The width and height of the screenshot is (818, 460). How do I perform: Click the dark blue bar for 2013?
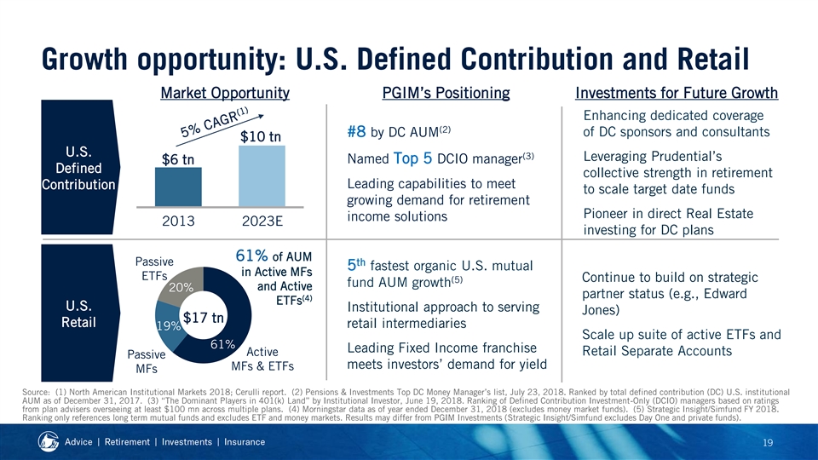pyautogui.click(x=178, y=187)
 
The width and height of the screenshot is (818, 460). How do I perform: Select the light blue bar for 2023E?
pyautogui.click(x=262, y=176)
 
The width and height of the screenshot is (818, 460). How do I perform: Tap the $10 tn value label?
pyautogui.click(x=261, y=136)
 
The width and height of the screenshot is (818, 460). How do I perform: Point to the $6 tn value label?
pyautogui.click(x=178, y=159)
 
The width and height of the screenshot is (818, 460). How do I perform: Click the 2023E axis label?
pyautogui.click(x=262, y=221)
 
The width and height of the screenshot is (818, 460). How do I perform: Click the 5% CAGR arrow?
pyautogui.click(x=220, y=130)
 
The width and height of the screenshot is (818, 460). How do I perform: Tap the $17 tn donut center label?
pyautogui.click(x=203, y=317)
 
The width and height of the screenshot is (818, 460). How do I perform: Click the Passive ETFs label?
pyautogui.click(x=154, y=268)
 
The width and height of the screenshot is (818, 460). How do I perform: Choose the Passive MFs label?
pyautogui.click(x=147, y=361)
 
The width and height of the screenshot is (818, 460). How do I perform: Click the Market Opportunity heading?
pyautogui.click(x=225, y=93)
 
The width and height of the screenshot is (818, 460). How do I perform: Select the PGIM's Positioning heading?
pyautogui.click(x=446, y=93)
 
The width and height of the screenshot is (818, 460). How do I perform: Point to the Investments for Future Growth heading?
pyautogui.click(x=677, y=93)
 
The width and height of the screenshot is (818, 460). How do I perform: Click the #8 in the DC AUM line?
pyautogui.click(x=357, y=131)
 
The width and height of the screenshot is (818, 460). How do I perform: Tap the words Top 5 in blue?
pyautogui.click(x=412, y=158)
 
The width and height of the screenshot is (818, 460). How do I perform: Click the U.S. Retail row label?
pyautogui.click(x=78, y=314)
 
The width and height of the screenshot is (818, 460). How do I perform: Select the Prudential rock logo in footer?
pyautogui.click(x=49, y=442)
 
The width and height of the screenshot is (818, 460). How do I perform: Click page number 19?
pyautogui.click(x=768, y=443)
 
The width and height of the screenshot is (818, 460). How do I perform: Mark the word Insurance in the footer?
pyautogui.click(x=245, y=442)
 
